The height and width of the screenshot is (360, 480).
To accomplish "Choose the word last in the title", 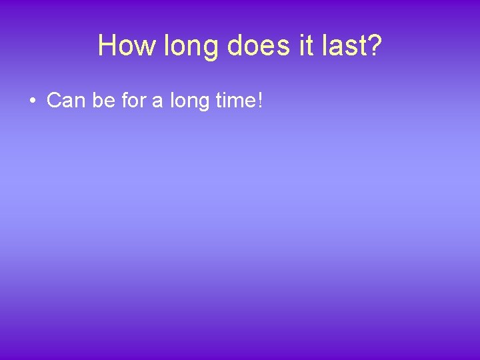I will (x=341, y=45).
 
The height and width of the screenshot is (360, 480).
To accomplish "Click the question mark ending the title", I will (x=374, y=45).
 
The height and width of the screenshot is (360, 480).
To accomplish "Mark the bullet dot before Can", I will (x=32, y=101).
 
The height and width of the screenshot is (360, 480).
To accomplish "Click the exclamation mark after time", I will (x=259, y=101).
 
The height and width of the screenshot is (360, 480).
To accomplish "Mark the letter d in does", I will (x=234, y=45).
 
